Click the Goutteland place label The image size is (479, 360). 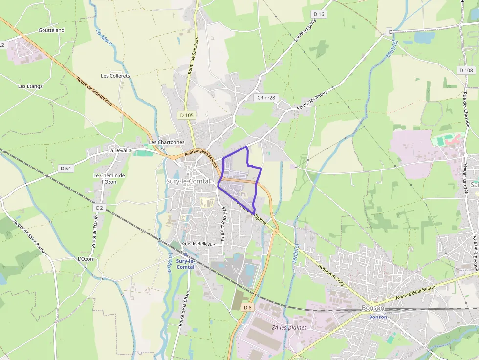(51, 30)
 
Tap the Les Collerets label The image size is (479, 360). (115, 76)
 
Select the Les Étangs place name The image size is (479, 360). (30, 86)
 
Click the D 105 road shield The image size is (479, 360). (186, 115)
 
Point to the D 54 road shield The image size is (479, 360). (66, 169)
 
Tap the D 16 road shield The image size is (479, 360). (318, 14)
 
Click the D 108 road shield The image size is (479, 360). (466, 70)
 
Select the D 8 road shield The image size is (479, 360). (248, 307)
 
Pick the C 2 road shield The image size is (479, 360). (99, 208)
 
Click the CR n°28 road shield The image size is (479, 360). (266, 98)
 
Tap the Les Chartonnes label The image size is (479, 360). (167, 142)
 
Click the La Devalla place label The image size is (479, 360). (120, 150)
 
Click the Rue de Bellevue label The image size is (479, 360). (198, 244)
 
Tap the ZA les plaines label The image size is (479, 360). (289, 327)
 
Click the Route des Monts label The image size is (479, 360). (312, 101)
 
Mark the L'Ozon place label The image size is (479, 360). (85, 259)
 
